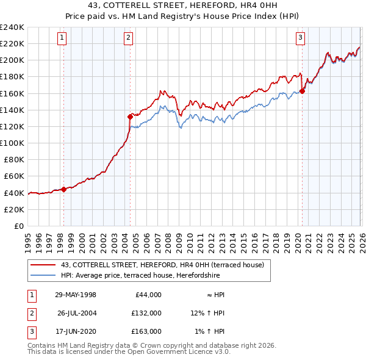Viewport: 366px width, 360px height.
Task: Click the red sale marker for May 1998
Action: tap(63, 189)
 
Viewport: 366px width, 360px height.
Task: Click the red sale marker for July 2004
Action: tap(130, 117)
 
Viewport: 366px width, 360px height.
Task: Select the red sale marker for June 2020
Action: tap(302, 92)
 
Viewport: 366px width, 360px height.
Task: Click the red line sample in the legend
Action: tap(44, 265)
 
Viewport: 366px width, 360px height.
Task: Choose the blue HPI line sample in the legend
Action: tap(44, 276)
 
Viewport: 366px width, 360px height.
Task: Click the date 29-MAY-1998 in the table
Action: tap(75, 295)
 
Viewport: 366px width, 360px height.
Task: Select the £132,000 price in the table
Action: tap(147, 313)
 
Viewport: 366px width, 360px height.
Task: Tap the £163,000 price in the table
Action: tap(147, 331)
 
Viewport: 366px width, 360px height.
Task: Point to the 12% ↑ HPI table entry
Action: tap(207, 313)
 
